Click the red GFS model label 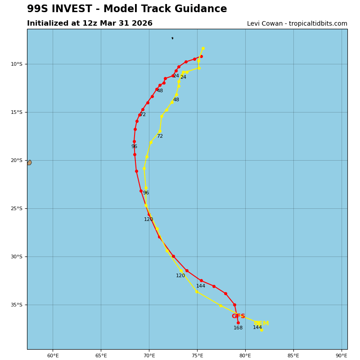click(238, 316)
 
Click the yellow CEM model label click(261, 324)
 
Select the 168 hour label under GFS click(238, 328)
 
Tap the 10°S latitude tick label click(17, 64)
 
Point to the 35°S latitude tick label click(17, 305)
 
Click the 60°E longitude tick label click(53, 355)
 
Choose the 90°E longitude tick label click(342, 355)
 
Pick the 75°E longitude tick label click(197, 355)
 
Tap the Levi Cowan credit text click(297, 24)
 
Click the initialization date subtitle click(90, 23)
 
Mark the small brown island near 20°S click(29, 162)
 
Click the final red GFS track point click(238, 323)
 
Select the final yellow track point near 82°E click(261, 330)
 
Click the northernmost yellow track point click(203, 48)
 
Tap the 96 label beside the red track click(134, 147)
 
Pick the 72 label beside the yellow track click(160, 136)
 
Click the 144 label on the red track click(201, 286)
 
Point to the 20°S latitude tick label click(17, 161)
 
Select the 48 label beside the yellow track click(176, 100)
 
